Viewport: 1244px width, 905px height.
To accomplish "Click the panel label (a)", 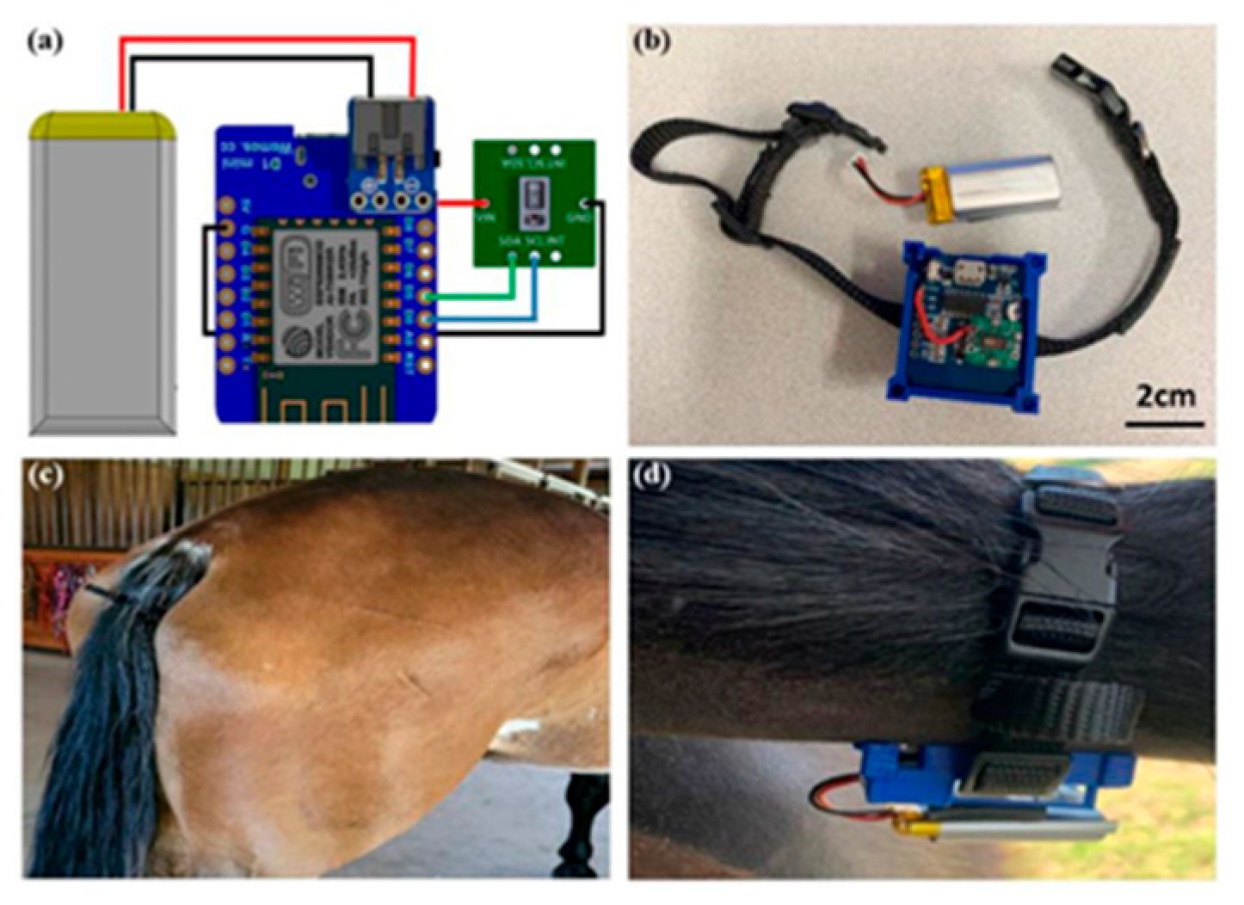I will pos(45,40).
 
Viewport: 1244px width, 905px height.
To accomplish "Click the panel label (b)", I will pos(651,40).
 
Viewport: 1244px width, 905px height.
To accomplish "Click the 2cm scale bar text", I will pos(1166,396).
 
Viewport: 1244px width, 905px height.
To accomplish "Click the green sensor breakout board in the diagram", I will pos(533,202).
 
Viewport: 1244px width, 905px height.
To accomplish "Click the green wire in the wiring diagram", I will pos(482,297).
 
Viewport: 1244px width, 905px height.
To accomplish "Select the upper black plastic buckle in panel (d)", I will pos(1071,516).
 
